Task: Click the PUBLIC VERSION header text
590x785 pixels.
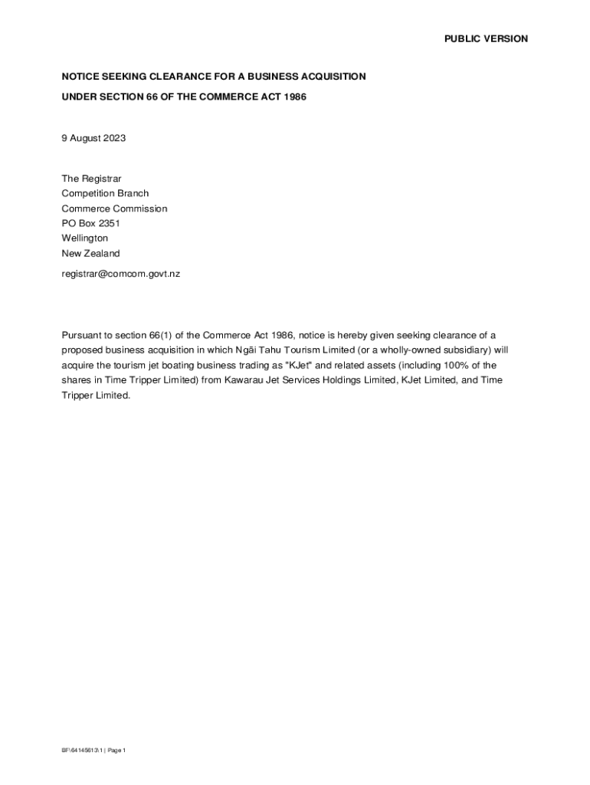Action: (x=486, y=39)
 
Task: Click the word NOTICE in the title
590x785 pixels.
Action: (x=81, y=77)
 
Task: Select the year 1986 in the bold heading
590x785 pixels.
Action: (x=294, y=97)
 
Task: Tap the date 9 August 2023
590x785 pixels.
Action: (x=93, y=139)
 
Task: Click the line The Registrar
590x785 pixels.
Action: (x=91, y=179)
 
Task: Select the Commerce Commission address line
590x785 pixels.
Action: (x=114, y=209)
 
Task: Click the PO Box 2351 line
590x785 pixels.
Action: (x=91, y=224)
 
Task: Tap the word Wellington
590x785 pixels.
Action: (x=85, y=238)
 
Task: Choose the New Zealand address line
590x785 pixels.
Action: (x=90, y=254)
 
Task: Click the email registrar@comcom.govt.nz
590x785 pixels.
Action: (x=120, y=273)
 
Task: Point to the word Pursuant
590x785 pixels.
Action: (x=81, y=335)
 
